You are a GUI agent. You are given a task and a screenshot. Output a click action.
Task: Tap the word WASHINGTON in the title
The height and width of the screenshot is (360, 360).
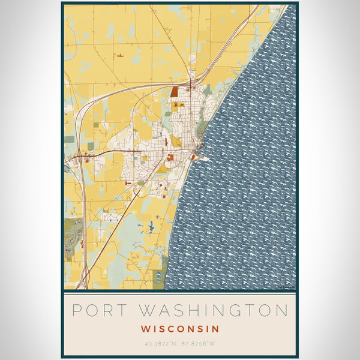pyautogui.click(x=214, y=310)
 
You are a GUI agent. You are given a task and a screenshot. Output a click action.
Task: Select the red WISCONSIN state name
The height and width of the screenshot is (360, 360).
pyautogui.click(x=180, y=329)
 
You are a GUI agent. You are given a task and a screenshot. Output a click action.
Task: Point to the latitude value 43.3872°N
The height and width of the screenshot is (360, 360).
pyautogui.click(x=161, y=343)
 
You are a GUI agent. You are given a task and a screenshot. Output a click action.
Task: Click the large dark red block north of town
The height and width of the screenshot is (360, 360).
pyautogui.click(x=174, y=92)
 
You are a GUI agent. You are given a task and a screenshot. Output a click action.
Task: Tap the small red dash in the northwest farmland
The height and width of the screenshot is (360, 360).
pyautogui.click(x=121, y=55)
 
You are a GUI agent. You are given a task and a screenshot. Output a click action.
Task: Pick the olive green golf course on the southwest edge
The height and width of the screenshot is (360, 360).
pyautogui.click(x=74, y=231)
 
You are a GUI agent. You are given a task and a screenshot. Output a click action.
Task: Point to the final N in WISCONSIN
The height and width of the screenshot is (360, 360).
pyautogui.click(x=215, y=329)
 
